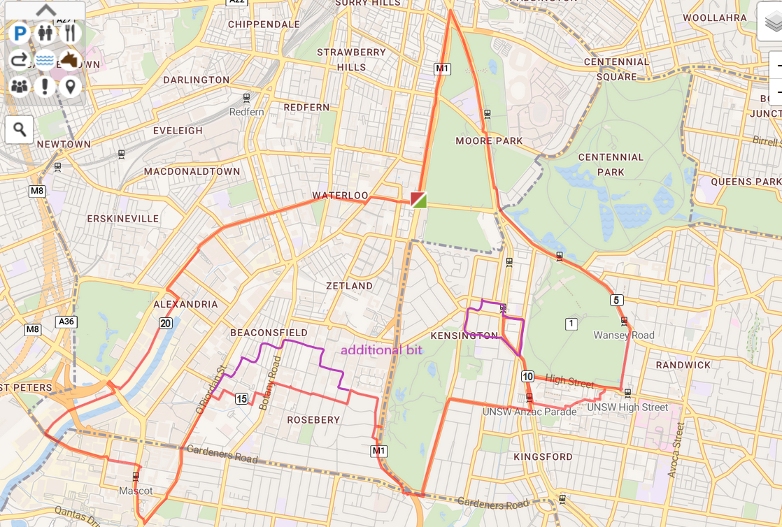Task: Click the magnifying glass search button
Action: click(x=20, y=129)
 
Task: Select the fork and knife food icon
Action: click(x=69, y=33)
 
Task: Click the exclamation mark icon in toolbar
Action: click(x=45, y=87)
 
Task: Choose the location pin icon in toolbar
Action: click(x=69, y=87)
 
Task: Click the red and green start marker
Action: click(x=418, y=200)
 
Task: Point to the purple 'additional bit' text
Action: click(x=381, y=350)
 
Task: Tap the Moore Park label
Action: click(x=489, y=140)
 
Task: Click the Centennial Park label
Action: click(x=611, y=164)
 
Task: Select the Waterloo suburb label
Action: click(x=340, y=195)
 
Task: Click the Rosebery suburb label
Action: click(x=313, y=420)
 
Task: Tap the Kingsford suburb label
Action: click(x=543, y=456)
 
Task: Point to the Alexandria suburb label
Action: click(x=185, y=304)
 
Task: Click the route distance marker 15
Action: click(x=241, y=398)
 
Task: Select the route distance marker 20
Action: click(x=165, y=323)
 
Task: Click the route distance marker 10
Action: click(x=527, y=377)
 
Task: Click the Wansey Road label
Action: click(x=623, y=335)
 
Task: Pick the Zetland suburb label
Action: click(x=349, y=286)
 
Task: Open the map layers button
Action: click(x=770, y=23)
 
